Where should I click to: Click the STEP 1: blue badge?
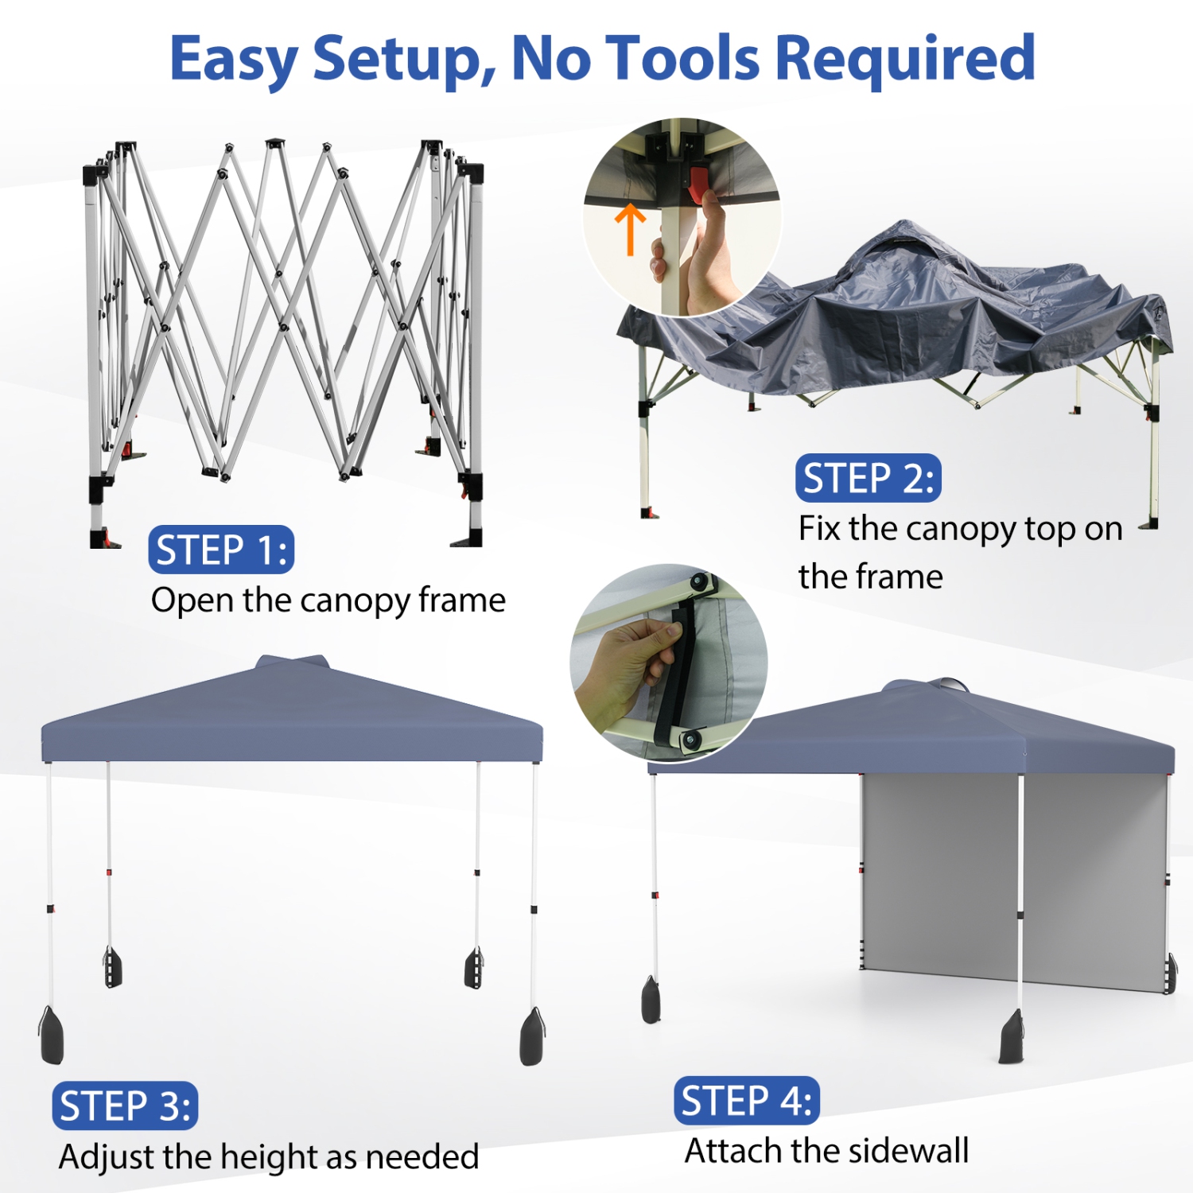pyautogui.click(x=221, y=550)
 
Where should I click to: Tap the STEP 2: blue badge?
pyautogui.click(x=868, y=478)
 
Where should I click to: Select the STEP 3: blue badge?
pyautogui.click(x=125, y=1106)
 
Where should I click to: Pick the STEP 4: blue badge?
pyautogui.click(x=746, y=1101)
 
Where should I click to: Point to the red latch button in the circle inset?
pyautogui.click(x=698, y=185)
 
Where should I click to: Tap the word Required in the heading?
pyautogui.click(x=904, y=59)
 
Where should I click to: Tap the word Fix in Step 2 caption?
pyautogui.click(x=819, y=529)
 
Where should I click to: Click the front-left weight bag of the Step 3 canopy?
pyautogui.click(x=51, y=1036)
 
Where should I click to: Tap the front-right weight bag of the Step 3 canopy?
pyautogui.click(x=532, y=1037)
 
